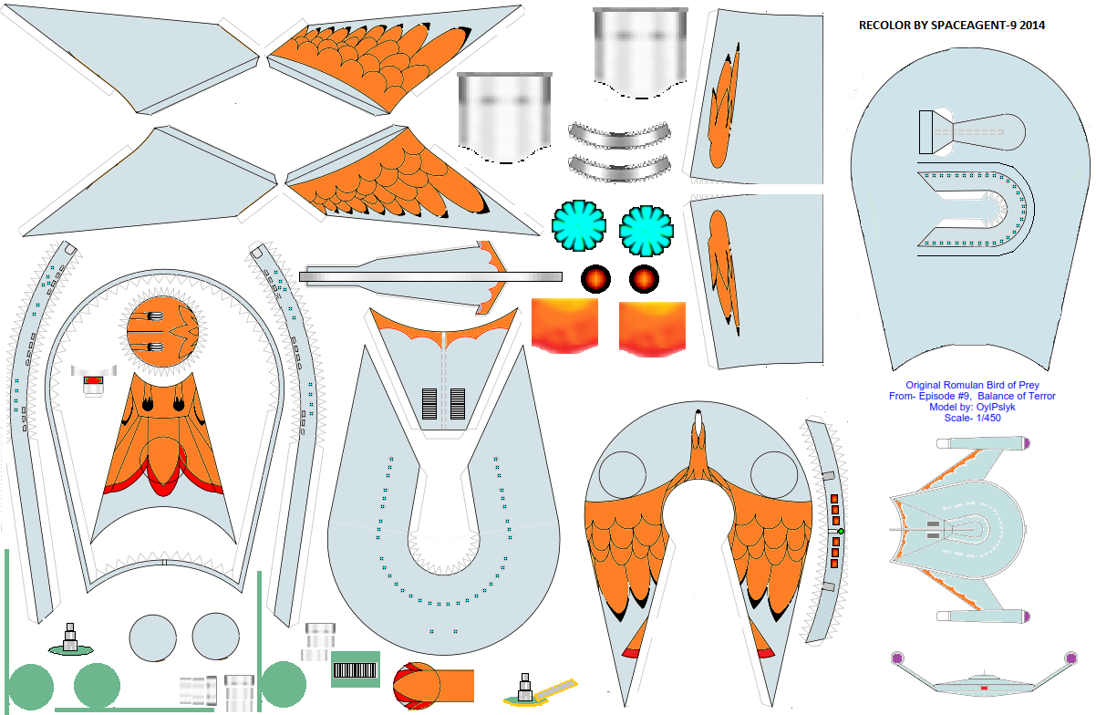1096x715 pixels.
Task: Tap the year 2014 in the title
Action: [x=1032, y=26]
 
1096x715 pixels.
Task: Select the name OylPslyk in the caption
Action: [x=996, y=407]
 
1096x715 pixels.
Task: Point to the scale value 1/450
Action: [x=986, y=418]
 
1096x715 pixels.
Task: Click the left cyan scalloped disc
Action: [x=579, y=225]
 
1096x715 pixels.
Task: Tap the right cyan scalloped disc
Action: [x=646, y=231]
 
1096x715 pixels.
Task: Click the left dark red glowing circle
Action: [x=596, y=279]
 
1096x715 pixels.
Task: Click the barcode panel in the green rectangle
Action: [x=356, y=670]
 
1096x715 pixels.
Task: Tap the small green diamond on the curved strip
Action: [x=841, y=532]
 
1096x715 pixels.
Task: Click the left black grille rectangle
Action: [x=429, y=404]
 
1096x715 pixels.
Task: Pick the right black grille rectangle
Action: [x=458, y=404]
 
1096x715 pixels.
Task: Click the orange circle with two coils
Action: [x=163, y=332]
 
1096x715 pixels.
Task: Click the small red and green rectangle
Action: [x=93, y=380]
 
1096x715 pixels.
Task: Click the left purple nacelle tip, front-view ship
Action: [x=897, y=658]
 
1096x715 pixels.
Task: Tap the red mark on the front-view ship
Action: [x=985, y=689]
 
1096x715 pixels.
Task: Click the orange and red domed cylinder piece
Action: [x=433, y=685]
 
